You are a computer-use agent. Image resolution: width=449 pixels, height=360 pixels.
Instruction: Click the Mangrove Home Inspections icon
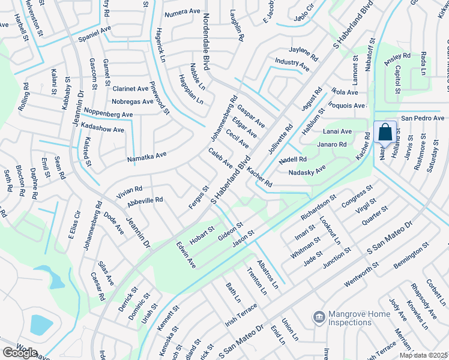(x=319, y=316)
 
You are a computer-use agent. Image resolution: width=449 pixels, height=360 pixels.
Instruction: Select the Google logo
(x=19, y=353)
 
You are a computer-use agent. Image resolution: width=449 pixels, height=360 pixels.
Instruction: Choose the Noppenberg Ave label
(x=108, y=113)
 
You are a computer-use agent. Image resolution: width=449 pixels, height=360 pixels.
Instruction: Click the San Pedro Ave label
(x=423, y=118)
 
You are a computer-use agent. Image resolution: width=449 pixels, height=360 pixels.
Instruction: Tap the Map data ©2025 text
(x=424, y=355)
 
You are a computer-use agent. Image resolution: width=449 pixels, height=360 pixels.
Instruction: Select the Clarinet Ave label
(x=130, y=88)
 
